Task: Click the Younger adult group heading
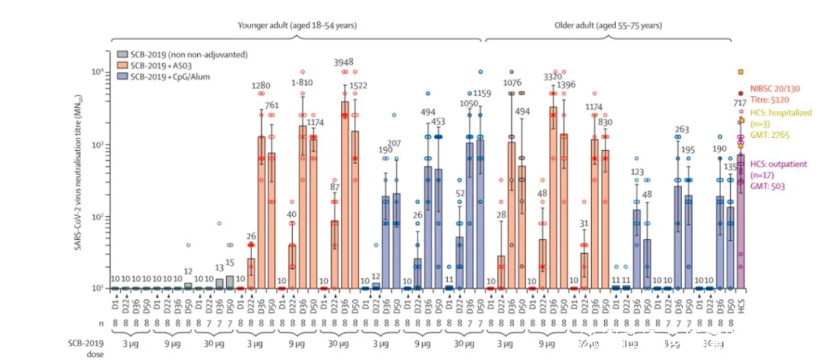(x=297, y=26)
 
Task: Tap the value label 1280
(x=262, y=85)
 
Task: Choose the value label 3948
(x=345, y=62)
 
